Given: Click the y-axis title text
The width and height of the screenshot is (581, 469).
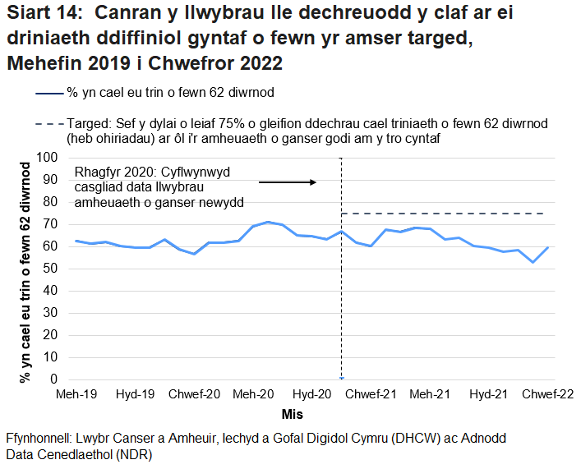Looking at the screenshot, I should [x=25, y=272].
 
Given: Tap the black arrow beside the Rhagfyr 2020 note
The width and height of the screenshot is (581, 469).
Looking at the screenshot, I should [x=287, y=182].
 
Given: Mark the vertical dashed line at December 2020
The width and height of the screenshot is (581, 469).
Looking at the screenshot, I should [x=342, y=312].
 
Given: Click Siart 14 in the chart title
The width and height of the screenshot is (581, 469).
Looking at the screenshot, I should [x=43, y=14].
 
